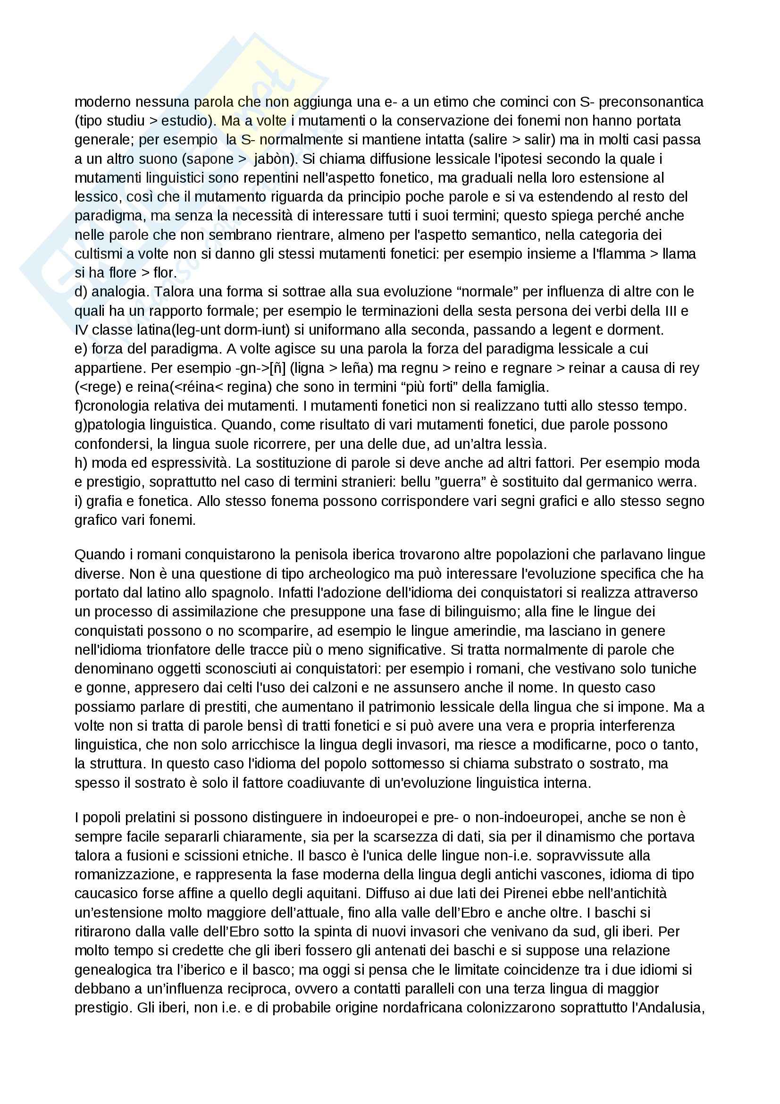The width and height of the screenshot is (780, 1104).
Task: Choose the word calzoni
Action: tap(301, 688)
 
